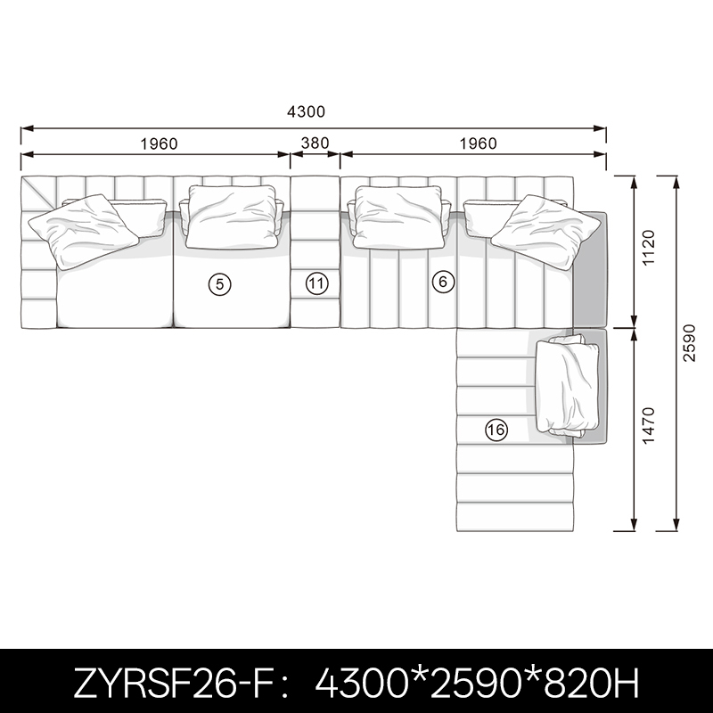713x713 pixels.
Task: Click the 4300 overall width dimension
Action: tap(306, 112)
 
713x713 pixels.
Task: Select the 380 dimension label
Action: tap(316, 143)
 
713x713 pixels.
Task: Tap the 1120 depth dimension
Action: tap(648, 248)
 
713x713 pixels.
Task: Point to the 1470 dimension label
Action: tap(648, 425)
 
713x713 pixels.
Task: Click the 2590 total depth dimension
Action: tap(689, 343)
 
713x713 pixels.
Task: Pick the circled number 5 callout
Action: tap(219, 284)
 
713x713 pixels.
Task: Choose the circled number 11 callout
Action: tap(316, 283)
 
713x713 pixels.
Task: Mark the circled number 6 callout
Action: tap(443, 282)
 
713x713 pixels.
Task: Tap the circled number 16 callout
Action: tap(496, 430)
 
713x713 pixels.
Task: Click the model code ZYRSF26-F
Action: tap(173, 683)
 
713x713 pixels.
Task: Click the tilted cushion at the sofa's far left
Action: tap(83, 231)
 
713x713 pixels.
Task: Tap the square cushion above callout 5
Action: tap(233, 217)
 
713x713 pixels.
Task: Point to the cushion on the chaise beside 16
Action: tap(567, 387)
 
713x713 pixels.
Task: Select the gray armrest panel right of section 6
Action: tap(590, 269)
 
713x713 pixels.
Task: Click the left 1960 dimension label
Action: tap(159, 144)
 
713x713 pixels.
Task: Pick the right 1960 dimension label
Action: tap(478, 143)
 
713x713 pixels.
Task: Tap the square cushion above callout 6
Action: tap(398, 217)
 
